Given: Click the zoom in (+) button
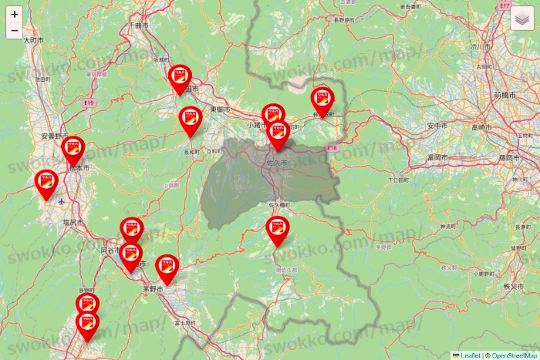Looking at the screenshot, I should pos(15,14).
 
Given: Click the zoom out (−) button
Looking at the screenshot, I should pos(15,31).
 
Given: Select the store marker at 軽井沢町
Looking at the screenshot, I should pos(322,99).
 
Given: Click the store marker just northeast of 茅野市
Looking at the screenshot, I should pos(167,267).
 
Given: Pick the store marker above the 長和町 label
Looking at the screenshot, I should pos(191,119).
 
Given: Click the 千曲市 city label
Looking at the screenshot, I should pos(136,25).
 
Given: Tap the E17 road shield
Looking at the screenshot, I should pos(505,5).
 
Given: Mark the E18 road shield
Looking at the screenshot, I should pos(332,146).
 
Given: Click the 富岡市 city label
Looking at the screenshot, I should pos(437,157).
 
